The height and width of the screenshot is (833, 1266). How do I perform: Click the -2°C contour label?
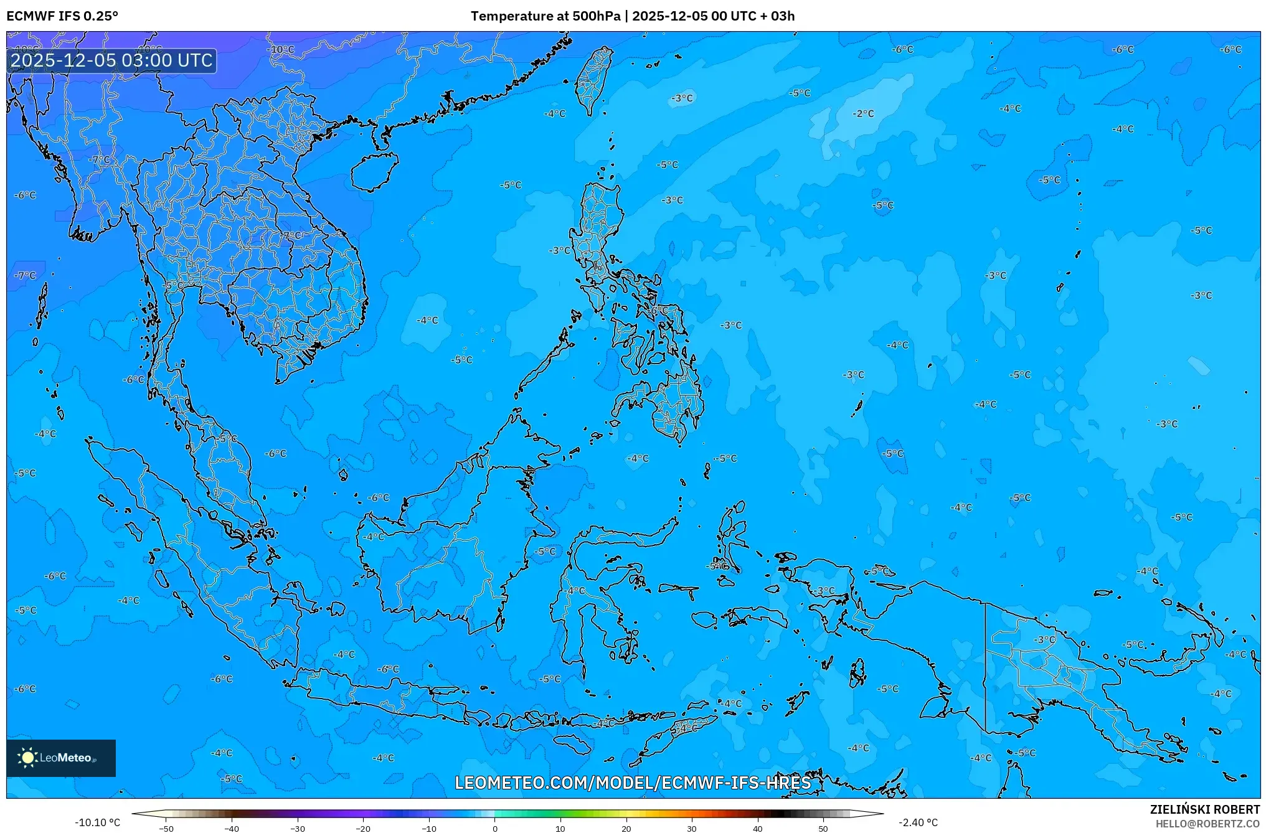click(864, 114)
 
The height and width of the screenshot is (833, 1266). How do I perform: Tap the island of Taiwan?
click(592, 80)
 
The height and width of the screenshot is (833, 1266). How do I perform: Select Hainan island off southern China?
click(374, 172)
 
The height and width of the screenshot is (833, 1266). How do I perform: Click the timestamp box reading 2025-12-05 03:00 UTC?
click(112, 60)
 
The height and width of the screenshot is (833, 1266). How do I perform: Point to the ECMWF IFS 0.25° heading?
click(62, 16)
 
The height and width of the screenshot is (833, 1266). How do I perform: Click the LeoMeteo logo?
click(61, 758)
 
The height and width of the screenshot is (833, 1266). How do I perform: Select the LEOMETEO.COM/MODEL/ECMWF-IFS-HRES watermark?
click(633, 783)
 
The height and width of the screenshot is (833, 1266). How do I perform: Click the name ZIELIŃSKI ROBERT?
click(1204, 809)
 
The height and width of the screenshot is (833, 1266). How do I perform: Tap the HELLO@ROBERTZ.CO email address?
click(1207, 824)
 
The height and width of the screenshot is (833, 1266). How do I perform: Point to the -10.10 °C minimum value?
click(98, 822)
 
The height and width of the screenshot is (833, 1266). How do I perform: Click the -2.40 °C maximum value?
click(918, 822)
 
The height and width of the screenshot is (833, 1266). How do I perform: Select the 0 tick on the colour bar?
click(495, 828)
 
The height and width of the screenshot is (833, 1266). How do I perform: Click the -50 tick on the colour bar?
click(166, 828)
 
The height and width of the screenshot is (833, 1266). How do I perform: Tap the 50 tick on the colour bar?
click(823, 828)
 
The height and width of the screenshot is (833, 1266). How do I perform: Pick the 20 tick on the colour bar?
click(626, 828)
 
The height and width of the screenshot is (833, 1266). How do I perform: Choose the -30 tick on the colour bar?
click(298, 828)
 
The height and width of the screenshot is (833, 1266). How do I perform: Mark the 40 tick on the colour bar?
click(757, 828)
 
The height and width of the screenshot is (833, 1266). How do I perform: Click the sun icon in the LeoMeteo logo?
click(27, 758)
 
